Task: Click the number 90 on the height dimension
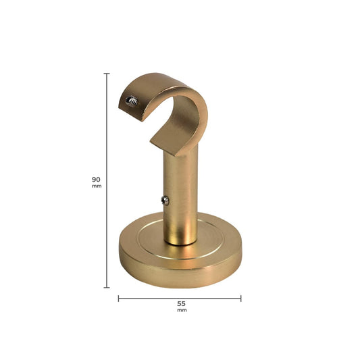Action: point(96,179)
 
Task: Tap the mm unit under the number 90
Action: point(97,186)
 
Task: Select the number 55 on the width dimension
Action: point(181,303)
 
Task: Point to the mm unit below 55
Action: point(182,310)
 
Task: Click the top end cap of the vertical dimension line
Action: point(107,74)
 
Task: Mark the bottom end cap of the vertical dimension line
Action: point(107,287)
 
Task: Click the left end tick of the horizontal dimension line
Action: point(118,299)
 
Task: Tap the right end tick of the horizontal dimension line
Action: point(241,299)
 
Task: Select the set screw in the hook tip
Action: point(132,101)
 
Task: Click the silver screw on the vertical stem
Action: point(165,201)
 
